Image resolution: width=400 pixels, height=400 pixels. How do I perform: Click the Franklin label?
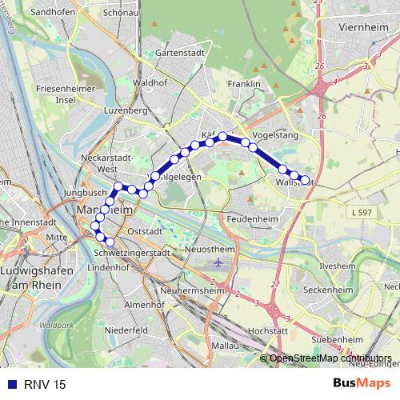244,84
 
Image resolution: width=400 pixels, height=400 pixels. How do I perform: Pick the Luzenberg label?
122,110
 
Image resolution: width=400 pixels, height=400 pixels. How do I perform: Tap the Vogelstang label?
274,136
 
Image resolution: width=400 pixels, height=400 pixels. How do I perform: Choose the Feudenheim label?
250,218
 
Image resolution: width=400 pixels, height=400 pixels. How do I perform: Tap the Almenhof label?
144,305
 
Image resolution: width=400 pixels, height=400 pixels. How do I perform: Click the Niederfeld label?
126,330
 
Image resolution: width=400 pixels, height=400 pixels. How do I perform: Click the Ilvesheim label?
338,264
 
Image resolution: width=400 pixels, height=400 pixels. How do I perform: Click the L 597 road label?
362,211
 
